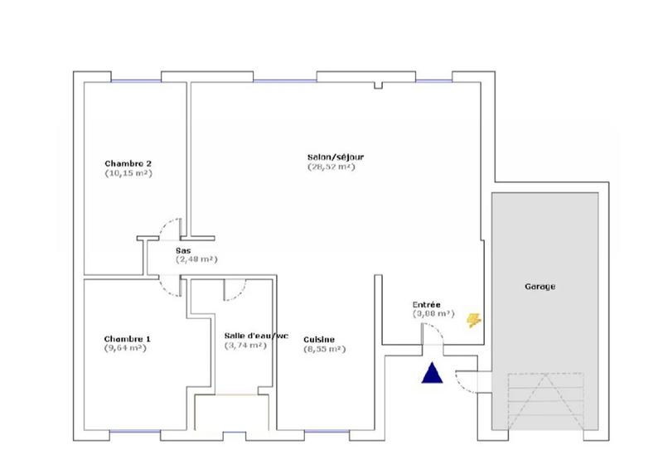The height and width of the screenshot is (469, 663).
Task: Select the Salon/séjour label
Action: [330, 156]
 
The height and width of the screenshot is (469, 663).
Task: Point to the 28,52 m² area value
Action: [331, 167]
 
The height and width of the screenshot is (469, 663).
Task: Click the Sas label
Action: [183, 249]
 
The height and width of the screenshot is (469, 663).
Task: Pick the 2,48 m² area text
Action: [196, 259]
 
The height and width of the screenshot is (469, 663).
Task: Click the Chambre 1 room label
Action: [127, 339]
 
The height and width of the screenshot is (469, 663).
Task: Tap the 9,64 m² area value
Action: [125, 349]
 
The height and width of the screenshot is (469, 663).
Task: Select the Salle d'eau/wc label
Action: [255, 336]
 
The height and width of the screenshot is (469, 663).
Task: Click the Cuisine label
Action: [319, 339]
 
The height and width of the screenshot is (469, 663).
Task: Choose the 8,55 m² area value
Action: [324, 350]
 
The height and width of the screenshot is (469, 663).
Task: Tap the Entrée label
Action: [428, 304]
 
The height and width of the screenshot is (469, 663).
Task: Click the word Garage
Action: [540, 287]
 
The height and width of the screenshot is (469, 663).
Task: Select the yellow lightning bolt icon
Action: [474, 320]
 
